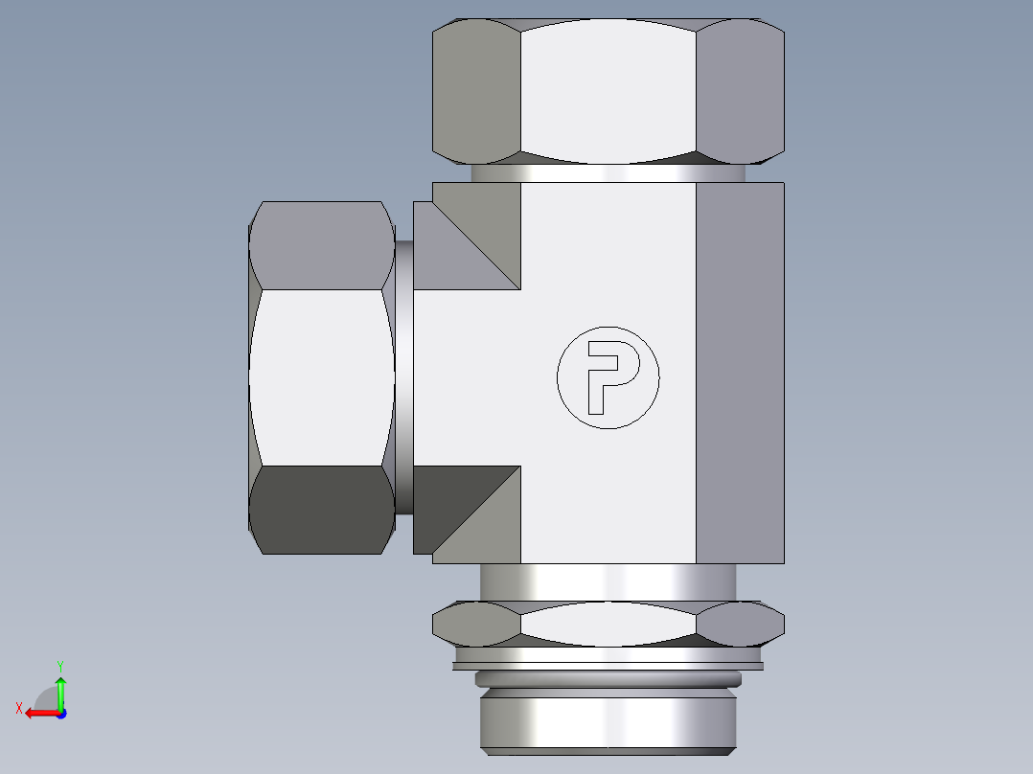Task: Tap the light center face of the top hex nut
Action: pos(608,91)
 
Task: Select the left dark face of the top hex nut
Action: pos(477,91)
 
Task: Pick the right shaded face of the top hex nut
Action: pos(739,91)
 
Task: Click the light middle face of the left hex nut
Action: pos(321,377)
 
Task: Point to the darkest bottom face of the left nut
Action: pos(321,509)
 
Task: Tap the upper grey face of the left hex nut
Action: pos(321,245)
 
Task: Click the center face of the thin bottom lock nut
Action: pos(608,624)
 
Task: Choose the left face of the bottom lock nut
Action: pos(476,624)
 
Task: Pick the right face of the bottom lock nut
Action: pos(740,624)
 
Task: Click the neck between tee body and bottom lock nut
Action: pos(608,581)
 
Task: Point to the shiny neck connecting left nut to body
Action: pos(404,377)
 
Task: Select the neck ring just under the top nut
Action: pos(608,173)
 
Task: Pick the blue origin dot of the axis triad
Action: pos(60,713)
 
